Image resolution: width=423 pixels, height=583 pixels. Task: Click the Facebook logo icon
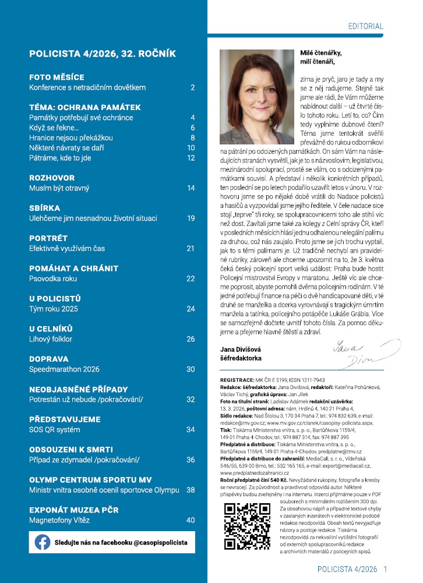[42, 542]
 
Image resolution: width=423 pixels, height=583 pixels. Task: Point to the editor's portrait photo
[256, 96]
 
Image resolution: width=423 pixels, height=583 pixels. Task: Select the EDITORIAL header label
[365, 26]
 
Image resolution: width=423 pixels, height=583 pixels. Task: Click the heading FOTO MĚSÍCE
[57, 77]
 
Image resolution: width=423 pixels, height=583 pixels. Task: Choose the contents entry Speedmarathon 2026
[64, 369]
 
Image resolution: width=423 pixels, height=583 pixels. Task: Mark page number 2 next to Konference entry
[192, 87]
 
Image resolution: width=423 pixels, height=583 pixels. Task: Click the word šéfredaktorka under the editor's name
[241, 359]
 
